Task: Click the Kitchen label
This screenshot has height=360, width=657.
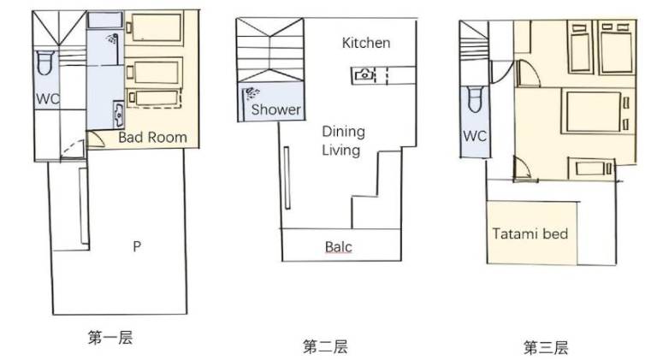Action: click(366, 43)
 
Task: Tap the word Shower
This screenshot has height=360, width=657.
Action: click(275, 109)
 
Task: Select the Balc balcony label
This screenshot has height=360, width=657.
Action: click(339, 246)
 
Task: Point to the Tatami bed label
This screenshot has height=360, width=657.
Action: click(530, 233)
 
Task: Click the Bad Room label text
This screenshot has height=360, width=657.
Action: click(152, 138)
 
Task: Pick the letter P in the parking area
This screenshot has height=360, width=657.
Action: click(137, 246)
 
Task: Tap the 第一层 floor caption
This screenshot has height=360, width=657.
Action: click(110, 338)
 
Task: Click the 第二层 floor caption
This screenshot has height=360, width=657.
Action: click(325, 346)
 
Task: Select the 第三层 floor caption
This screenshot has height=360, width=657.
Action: click(546, 347)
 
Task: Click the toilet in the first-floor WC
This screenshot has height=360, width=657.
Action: click(45, 62)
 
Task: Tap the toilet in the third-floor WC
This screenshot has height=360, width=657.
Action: click(475, 100)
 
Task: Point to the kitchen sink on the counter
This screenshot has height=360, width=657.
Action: click(365, 75)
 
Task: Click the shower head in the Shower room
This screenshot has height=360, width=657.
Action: click(252, 93)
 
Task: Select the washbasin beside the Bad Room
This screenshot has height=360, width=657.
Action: click(119, 115)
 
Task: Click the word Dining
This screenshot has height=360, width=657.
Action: click(344, 132)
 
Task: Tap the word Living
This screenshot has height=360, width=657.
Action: click(341, 150)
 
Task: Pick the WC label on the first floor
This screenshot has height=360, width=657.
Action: click(48, 99)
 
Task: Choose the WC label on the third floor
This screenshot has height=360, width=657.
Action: click(475, 136)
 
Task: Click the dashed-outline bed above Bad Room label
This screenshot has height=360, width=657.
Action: click(154, 98)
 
